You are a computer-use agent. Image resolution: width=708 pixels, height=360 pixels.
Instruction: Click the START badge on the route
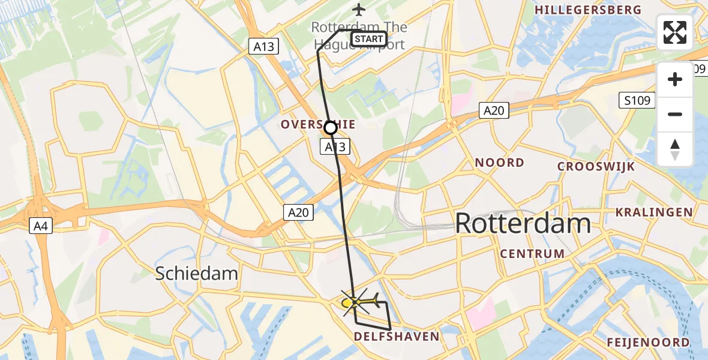click(x=368, y=40)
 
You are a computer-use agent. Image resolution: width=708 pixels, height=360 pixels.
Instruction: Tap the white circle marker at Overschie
click(x=331, y=128)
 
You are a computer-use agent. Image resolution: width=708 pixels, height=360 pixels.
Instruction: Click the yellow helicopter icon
click(x=360, y=301)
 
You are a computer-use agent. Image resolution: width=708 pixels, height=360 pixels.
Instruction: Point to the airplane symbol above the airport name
click(x=359, y=10)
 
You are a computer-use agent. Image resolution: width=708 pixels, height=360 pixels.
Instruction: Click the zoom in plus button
click(x=675, y=80)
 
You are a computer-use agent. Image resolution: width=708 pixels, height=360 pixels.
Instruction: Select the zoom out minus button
click(x=675, y=114)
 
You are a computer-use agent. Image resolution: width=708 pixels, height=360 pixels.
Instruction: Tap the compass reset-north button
click(x=675, y=149)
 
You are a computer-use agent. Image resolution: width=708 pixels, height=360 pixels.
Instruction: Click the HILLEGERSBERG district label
click(x=587, y=10)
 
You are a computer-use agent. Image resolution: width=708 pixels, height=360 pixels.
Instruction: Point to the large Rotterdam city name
click(x=523, y=224)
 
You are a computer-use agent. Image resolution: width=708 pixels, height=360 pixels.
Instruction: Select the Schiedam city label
click(x=196, y=274)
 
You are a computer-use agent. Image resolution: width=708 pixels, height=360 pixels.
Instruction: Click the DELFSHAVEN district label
click(x=397, y=336)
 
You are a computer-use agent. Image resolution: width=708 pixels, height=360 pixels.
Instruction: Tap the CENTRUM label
click(x=532, y=253)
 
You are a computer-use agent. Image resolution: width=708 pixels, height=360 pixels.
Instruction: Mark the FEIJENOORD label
click(x=647, y=343)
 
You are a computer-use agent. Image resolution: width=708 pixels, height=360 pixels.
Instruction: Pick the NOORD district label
click(x=499, y=163)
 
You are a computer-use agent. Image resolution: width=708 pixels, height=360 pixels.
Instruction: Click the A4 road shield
click(x=39, y=226)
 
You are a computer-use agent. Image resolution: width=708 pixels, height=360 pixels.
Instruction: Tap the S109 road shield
click(x=637, y=100)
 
